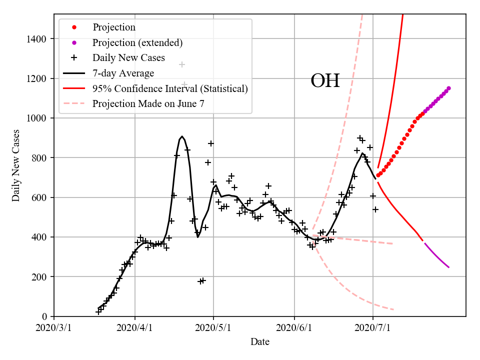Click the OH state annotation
325,81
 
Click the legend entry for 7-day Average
123,73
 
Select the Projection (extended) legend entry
137,42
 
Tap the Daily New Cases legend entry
128,58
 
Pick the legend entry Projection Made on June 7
148,104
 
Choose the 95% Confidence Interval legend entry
170,89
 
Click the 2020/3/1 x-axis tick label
54,327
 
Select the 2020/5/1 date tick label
213,327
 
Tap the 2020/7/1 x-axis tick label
373,327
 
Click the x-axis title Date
260,342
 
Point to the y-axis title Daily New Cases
16,165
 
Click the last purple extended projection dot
448,88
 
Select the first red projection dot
378,175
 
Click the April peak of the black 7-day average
182,136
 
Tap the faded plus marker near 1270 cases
182,64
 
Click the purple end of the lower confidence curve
448,267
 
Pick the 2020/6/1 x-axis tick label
294,327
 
